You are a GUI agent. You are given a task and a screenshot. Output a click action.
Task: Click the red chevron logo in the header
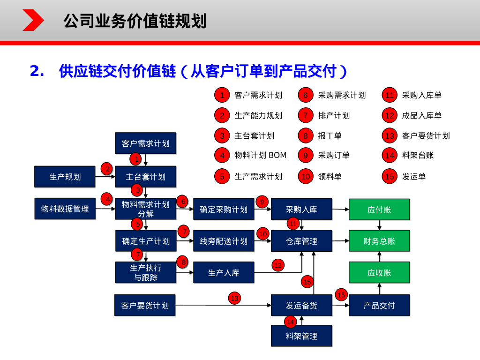[x=33, y=20]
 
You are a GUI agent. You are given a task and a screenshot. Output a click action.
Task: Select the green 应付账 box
[x=379, y=210]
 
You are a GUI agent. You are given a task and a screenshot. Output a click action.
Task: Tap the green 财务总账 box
[x=379, y=241]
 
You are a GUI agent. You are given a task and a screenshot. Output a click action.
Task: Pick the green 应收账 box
[x=379, y=272]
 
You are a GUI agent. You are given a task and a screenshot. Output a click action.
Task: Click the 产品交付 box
[x=379, y=305]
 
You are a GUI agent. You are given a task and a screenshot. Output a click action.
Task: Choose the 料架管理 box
[x=301, y=336]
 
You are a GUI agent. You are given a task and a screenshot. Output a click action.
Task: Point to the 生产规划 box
[x=65, y=177]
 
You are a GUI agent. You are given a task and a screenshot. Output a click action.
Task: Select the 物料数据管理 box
[x=65, y=209]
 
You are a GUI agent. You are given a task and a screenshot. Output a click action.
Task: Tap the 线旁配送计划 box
[x=224, y=241]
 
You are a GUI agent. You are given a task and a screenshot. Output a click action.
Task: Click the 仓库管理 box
[x=301, y=241]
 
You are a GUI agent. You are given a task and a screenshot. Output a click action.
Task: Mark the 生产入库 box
[x=224, y=272]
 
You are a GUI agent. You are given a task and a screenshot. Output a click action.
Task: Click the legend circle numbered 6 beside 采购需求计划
[x=306, y=95]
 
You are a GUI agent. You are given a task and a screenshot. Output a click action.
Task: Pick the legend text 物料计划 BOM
[x=260, y=155]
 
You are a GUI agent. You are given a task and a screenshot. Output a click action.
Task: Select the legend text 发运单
[x=413, y=177]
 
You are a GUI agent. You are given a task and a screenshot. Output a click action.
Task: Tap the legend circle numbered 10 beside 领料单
[x=306, y=176]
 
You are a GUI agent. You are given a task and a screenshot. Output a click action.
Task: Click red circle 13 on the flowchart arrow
[x=234, y=298]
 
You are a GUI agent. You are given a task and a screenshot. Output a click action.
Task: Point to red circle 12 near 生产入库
[x=278, y=265]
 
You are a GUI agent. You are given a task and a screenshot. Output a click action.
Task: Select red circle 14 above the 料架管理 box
[x=290, y=322]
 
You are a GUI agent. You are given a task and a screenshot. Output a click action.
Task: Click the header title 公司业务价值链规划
[x=135, y=21]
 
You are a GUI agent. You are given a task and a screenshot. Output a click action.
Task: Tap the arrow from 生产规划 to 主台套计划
[x=105, y=177]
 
